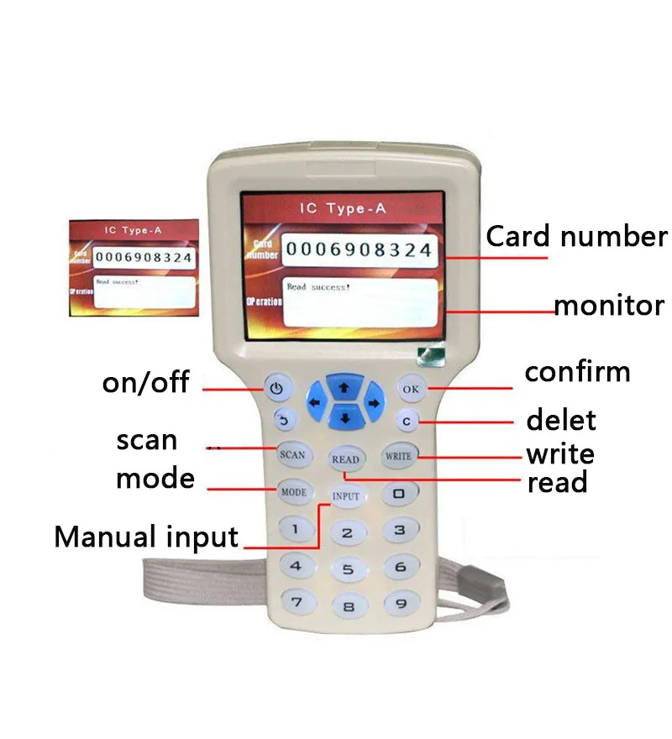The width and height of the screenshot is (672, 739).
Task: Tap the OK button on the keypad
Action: pos(411,388)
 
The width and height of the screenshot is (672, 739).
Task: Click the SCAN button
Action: pos(292,454)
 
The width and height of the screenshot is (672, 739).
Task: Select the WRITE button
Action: pos(398,456)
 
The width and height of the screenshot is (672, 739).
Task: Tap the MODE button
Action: pos(293,491)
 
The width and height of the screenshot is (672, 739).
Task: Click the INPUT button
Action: pos(345,495)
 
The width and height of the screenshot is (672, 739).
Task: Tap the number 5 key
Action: pos(348,570)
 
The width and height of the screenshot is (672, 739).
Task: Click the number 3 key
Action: pos(401,530)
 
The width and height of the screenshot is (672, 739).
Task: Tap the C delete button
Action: pos(406,421)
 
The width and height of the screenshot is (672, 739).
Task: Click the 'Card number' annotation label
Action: pos(576,236)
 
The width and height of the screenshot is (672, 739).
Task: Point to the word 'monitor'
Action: pos(609,305)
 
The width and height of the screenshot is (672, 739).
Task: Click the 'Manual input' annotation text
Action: pos(146,536)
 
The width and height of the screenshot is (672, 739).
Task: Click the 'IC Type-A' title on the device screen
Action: pos(344,209)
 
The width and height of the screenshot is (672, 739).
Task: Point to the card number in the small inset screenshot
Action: pos(143,257)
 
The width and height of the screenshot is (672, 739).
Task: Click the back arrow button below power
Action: pos(283,419)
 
